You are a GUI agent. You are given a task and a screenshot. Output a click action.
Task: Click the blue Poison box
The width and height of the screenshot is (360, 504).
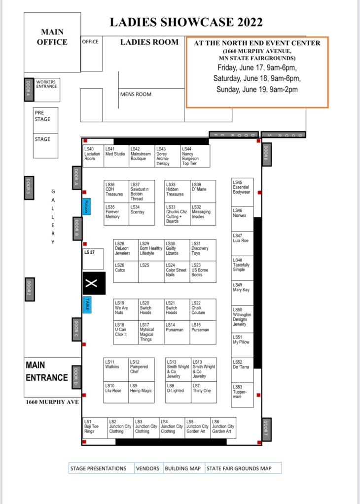pos(86,206)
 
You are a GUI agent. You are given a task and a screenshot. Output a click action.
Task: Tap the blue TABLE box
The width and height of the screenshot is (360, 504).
pos(87,304)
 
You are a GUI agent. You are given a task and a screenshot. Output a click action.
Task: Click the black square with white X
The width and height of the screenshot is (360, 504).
pos(93,283)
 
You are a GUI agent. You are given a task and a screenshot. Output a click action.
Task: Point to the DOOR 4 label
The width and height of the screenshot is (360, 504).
pos(29,89)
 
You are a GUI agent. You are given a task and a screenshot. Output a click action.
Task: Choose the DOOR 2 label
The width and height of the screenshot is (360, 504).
pos(29,289)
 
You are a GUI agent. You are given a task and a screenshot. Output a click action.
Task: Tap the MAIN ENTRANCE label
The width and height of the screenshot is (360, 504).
pos(46,371)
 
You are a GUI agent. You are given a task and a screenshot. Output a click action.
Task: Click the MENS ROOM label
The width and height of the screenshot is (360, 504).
pos(136,94)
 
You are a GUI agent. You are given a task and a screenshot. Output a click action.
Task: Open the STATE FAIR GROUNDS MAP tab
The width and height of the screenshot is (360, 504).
pos(243,468)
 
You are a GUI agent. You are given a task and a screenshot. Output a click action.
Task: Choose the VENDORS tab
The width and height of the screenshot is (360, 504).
pos(147,468)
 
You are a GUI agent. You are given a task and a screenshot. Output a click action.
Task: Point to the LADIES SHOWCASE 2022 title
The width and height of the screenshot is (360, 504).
pos(186,22)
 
